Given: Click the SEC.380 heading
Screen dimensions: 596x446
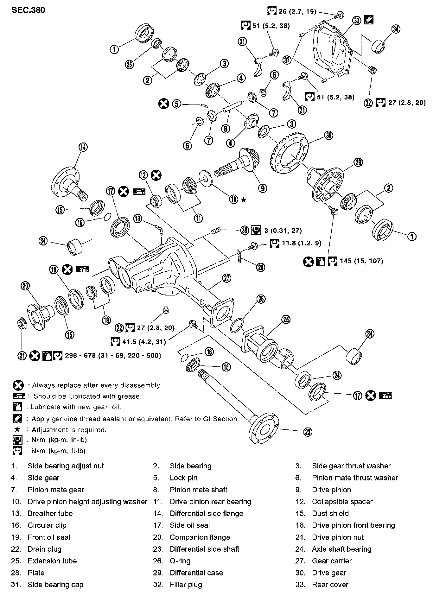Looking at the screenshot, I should click(x=28, y=10).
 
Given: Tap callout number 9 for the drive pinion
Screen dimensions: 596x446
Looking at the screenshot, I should click(x=262, y=188).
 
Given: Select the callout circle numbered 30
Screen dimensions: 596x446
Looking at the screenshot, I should click(x=328, y=136).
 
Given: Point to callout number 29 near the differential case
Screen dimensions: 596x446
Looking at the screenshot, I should click(x=358, y=162).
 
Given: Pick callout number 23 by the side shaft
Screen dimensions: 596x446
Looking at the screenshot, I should click(x=308, y=432).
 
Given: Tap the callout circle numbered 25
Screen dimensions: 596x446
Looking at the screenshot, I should click(x=286, y=320).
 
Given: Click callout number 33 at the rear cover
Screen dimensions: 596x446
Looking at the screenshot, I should click(x=357, y=21).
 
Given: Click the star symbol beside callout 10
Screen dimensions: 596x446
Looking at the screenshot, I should click(x=244, y=200).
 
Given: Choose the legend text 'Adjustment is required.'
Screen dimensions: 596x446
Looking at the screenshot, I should click(x=69, y=430).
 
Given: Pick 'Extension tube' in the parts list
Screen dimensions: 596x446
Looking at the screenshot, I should click(x=52, y=561).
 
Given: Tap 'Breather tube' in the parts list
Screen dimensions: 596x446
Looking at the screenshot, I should click(x=50, y=513).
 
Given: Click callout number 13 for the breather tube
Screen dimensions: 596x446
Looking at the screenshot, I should click(x=138, y=219).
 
